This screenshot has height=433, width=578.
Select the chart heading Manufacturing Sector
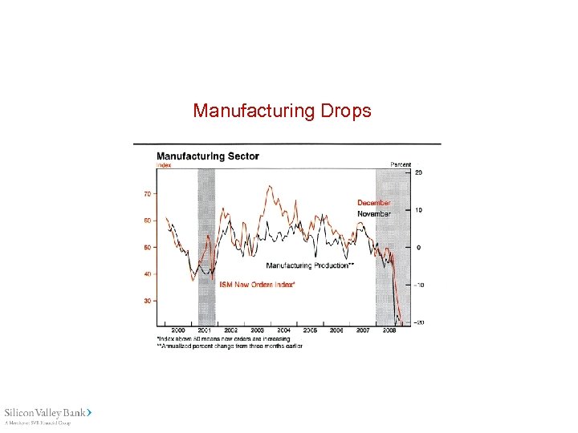coord(207,156)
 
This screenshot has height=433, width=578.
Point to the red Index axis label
coord(164,165)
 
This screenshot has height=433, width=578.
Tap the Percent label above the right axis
coord(401,164)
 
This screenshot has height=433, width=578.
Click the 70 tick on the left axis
coord(148,194)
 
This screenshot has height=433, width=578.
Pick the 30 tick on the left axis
coord(148,301)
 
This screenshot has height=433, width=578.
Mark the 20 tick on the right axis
coord(418,172)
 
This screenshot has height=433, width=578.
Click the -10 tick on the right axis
coord(417,285)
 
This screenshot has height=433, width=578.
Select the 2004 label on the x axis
coord(283,330)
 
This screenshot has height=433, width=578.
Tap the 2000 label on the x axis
coord(177,330)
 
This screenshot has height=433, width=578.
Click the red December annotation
coord(374,203)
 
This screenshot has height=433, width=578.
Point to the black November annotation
coord(374,214)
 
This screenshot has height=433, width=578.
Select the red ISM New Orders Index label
coord(257,285)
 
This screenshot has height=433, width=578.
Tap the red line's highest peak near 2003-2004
coord(269,186)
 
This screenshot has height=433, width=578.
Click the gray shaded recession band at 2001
coord(206,241)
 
